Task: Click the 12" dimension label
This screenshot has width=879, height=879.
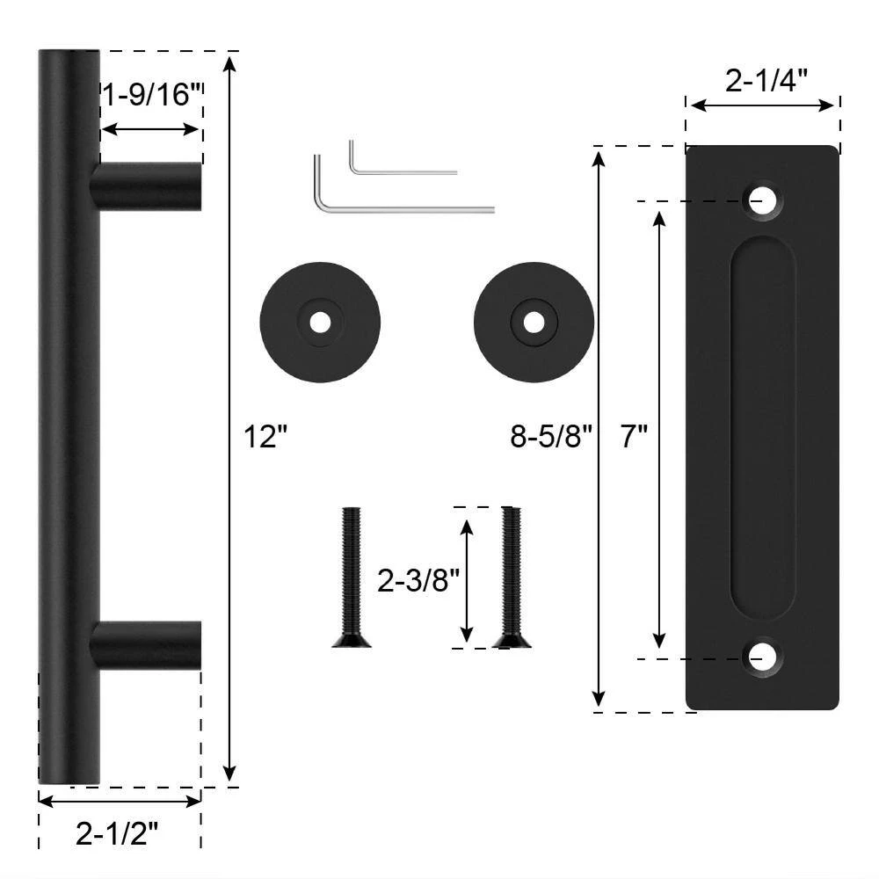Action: [x=265, y=437]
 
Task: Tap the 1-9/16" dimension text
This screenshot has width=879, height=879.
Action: [x=151, y=94]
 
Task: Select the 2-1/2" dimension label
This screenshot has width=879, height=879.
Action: [x=117, y=834]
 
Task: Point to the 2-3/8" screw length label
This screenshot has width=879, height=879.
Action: [x=418, y=580]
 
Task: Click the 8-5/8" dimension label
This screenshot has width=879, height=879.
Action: [x=551, y=436]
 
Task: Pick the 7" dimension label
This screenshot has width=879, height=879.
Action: [x=634, y=436]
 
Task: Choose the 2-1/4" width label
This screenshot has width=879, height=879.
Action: [x=766, y=80]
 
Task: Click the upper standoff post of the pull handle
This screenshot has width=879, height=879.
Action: [x=146, y=186]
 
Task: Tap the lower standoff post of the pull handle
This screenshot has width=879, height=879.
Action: [x=146, y=645]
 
